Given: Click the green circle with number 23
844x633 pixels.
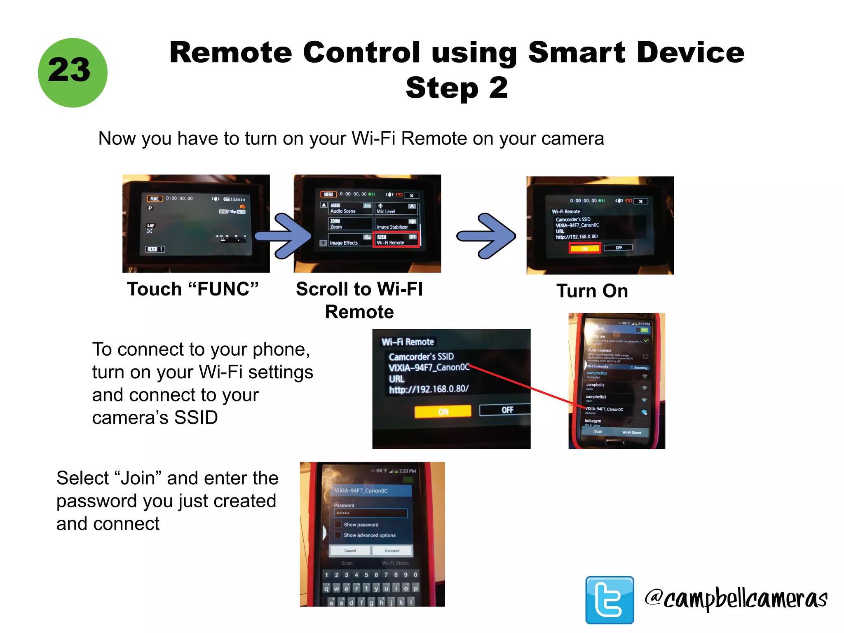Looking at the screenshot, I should pos(73,73).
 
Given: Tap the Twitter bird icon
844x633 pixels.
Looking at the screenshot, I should pos(609,600).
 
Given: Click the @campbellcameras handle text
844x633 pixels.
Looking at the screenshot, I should pos(736,599).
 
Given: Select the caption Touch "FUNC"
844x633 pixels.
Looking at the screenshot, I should pos(192,289).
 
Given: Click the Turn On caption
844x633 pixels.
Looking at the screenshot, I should pos(592,291).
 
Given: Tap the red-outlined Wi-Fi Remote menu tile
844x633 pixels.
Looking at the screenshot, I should pos(396,239).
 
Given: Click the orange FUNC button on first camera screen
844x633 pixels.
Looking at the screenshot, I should pos(155,199).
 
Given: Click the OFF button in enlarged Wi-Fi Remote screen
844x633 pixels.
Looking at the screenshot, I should pos(506,410).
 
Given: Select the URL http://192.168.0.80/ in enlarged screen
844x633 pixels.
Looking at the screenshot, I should pos(429,389).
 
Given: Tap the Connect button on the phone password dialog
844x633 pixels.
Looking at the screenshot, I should pos(392,551).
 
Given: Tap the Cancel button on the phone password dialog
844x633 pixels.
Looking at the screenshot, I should pos(350,551).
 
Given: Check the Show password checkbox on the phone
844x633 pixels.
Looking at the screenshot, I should pos(338,524).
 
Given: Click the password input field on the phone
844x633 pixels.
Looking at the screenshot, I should pos(370,513).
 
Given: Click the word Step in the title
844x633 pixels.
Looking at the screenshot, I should pos(442,88).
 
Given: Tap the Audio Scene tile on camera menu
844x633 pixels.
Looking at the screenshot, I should pos(350,208).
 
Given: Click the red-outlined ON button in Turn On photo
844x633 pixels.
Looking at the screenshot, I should pos(584,248).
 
